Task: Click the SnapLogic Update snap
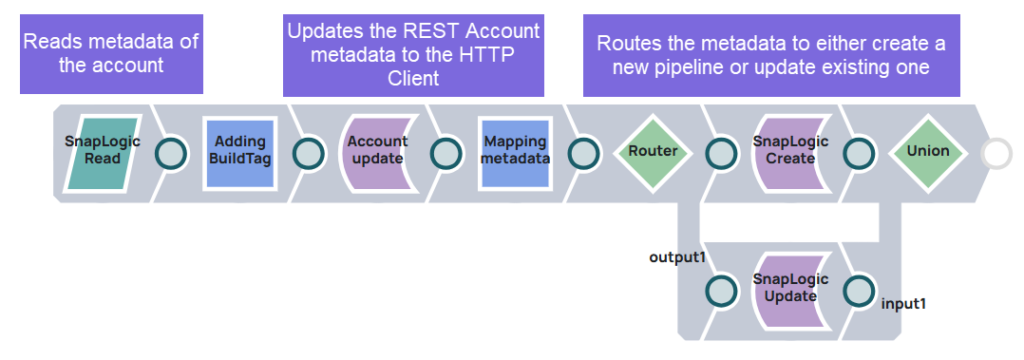(x=790, y=289)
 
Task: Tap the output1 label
(x=675, y=257)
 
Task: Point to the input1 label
(x=903, y=304)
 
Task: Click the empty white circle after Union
(x=996, y=153)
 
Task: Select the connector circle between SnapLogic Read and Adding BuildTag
(x=171, y=153)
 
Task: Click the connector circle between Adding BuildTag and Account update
(x=309, y=153)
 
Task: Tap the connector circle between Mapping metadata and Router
(x=584, y=153)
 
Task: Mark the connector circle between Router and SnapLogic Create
(x=721, y=153)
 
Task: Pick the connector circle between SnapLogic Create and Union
(x=859, y=153)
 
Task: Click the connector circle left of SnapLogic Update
(x=721, y=290)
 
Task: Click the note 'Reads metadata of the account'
(x=111, y=53)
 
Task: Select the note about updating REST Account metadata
(x=413, y=54)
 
